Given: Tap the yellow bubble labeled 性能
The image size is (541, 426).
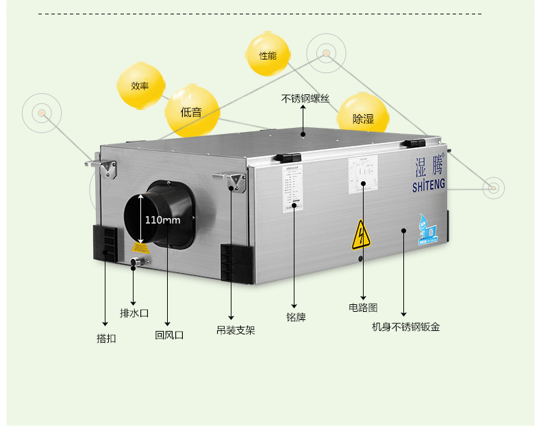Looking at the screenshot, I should [268, 55].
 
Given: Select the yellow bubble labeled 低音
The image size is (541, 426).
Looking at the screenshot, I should [192, 111].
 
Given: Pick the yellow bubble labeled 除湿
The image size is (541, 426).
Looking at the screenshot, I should [363, 118].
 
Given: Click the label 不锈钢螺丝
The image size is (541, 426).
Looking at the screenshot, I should [305, 98].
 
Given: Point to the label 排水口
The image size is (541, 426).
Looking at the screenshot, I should [134, 313].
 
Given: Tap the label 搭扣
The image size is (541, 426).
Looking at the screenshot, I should [106, 338].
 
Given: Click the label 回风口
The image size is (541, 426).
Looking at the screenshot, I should [169, 335].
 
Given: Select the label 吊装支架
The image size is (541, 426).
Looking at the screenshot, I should [236, 330].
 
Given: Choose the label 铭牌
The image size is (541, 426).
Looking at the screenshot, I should [296, 317].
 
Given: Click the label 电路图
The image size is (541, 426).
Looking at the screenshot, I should [363, 308].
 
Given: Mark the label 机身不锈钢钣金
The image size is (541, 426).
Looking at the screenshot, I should [405, 327].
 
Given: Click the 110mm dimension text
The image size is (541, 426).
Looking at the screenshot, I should [162, 220].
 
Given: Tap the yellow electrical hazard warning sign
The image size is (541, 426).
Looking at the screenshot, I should [361, 235].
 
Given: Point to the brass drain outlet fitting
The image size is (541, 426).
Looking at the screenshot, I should [138, 262].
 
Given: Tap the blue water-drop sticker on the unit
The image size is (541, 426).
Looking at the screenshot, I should [429, 229].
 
